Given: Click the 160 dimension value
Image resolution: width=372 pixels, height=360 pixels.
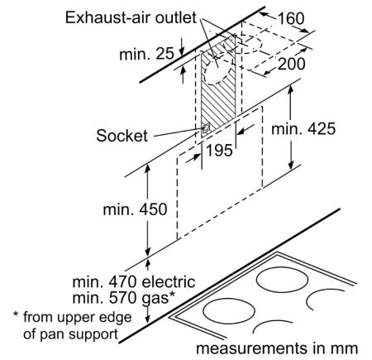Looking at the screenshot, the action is [x=291, y=18].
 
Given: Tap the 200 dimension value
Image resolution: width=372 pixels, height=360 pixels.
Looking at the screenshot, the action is [x=291, y=64].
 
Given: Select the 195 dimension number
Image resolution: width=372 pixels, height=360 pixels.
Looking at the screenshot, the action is [x=219, y=151].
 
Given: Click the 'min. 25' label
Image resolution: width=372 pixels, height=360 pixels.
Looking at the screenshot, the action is [x=146, y=54].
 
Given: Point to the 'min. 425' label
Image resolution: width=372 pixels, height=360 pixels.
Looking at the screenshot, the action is [x=303, y=128].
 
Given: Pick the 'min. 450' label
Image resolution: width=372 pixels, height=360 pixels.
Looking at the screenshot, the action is [x=135, y=209].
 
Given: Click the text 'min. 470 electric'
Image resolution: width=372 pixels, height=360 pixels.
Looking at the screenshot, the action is [x=134, y=281].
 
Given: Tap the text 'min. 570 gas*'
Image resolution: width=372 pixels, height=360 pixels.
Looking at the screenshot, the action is [x=123, y=298].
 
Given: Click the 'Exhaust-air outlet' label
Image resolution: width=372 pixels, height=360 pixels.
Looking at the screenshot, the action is [x=131, y=17].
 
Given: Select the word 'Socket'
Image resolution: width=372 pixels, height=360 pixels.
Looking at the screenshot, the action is [x=122, y=136].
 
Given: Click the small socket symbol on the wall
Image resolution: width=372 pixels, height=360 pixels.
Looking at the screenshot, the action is [x=205, y=129].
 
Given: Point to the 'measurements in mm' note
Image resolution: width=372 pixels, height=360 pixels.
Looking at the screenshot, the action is [x=277, y=348].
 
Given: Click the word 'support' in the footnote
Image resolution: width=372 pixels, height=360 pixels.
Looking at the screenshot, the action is [x=93, y=334].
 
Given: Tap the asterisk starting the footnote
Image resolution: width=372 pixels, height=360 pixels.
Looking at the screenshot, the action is [x=16, y=314].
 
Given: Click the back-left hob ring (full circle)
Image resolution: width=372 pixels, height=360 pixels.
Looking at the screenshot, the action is [x=282, y=280].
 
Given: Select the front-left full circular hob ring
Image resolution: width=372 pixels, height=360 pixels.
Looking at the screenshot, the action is [x=229, y=310].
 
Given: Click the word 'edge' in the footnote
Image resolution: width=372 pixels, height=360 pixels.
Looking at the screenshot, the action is [x=117, y=318].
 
